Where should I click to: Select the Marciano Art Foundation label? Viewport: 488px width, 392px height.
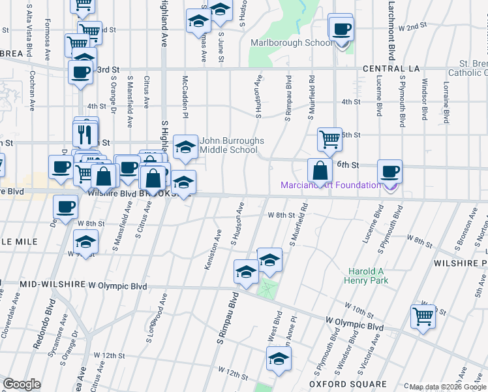tap(331, 186)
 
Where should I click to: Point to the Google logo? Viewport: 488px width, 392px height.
tap(22, 384)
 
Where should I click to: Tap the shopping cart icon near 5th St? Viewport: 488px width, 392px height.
tap(330, 139)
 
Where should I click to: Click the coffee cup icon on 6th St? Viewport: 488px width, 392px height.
tap(389, 171)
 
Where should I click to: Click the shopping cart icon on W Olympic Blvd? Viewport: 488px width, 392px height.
tap(423, 317)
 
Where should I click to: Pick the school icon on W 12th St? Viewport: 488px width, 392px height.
tap(279, 359)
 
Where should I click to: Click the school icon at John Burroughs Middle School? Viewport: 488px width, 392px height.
tap(186, 147)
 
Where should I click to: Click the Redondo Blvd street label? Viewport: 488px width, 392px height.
tap(47, 327)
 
